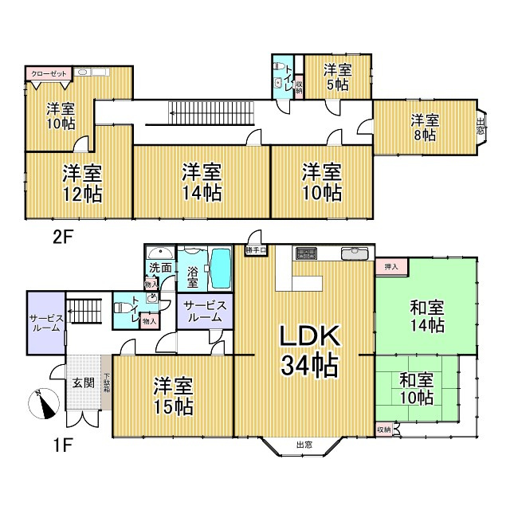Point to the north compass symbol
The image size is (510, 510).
pos(45,403)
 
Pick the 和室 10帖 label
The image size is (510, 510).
pos(416,389)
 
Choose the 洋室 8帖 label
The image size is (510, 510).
pos(424,127)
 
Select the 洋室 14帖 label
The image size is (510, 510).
pos(201,182)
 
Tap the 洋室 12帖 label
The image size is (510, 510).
pos(81,182)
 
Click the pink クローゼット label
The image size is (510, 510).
pos(49,73)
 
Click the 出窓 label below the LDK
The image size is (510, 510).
pos(304,445)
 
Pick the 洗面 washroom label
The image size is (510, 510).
pos(160,268)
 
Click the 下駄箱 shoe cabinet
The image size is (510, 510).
pos(106,386)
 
